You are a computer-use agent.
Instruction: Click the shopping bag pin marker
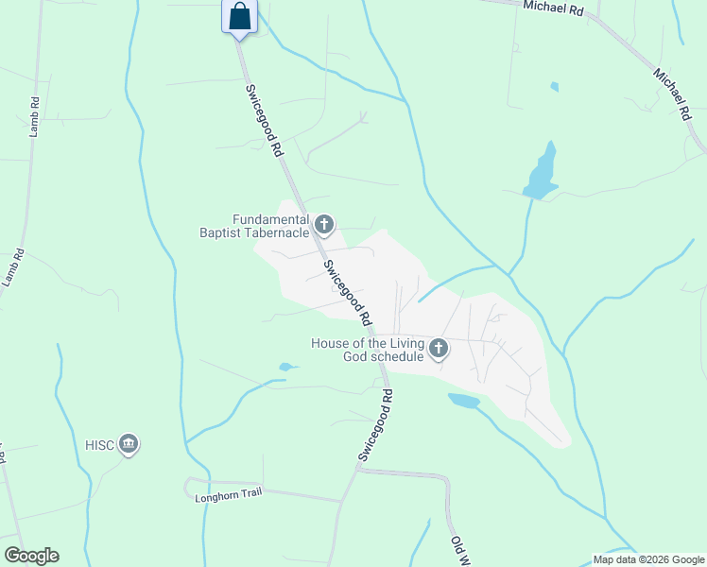(239, 16)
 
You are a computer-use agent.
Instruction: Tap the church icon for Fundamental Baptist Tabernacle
(324, 225)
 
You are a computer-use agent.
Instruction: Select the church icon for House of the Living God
(438, 350)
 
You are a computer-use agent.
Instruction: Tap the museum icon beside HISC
(129, 443)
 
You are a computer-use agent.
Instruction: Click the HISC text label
(99, 444)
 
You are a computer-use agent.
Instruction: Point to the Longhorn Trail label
(227, 494)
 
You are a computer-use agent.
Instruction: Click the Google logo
(31, 556)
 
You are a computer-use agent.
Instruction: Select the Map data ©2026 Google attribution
(647, 558)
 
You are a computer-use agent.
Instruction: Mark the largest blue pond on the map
(541, 174)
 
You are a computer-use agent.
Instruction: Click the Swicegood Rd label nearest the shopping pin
(265, 120)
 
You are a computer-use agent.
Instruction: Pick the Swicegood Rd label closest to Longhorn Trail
(375, 423)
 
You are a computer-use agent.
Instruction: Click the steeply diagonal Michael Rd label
(670, 93)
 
